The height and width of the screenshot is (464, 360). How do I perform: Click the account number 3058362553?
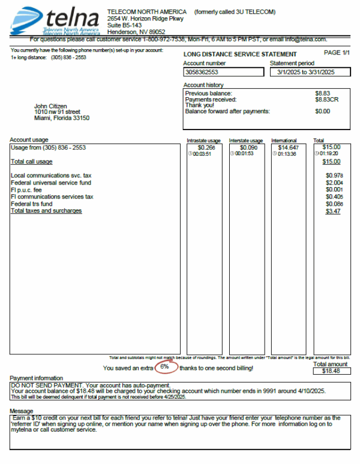201,72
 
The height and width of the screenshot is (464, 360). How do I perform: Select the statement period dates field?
310,72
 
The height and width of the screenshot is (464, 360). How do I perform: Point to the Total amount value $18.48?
330,371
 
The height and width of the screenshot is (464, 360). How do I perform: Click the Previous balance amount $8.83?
323,94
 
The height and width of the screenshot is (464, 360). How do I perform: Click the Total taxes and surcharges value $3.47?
332,211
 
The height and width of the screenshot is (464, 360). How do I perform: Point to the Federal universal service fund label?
51,182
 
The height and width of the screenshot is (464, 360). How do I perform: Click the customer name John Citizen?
55,106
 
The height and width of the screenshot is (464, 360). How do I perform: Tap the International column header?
284,140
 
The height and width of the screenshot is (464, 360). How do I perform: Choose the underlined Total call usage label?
31,161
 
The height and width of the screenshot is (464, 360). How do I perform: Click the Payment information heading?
36,378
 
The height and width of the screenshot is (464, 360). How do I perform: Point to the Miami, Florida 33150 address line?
62,118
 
